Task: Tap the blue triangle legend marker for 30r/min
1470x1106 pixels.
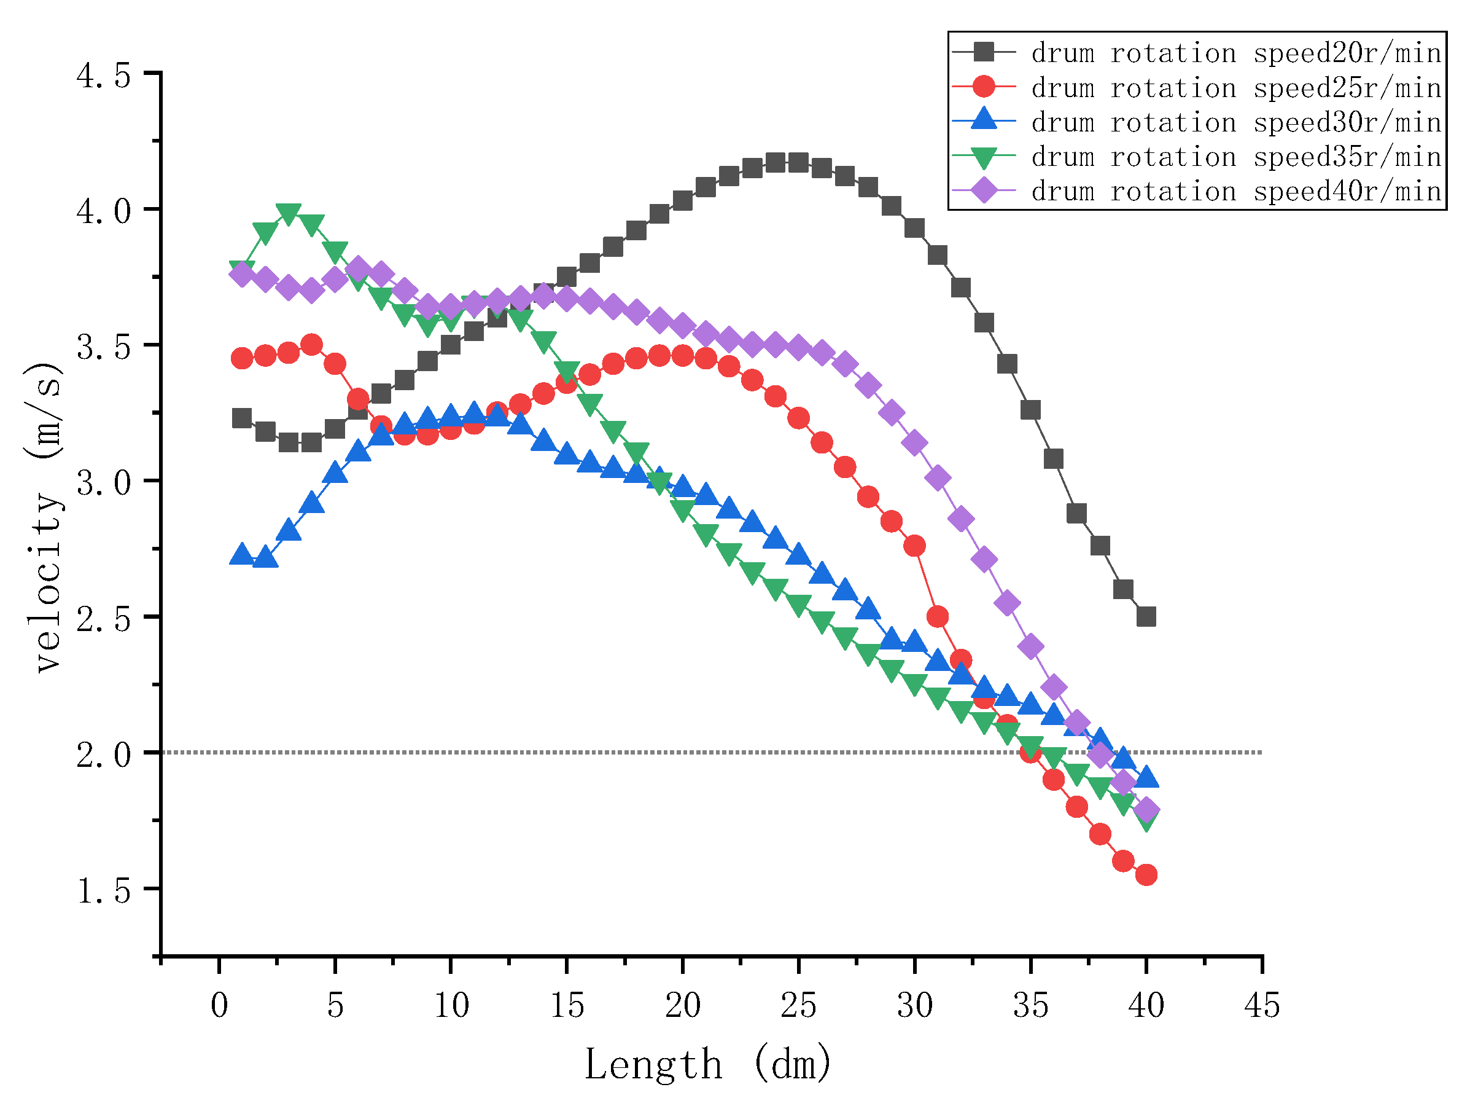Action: tap(984, 121)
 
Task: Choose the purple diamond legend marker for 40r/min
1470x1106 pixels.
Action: tap(984, 192)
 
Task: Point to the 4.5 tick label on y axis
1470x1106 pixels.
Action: tap(104, 75)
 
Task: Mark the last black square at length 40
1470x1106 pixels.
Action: tap(1146, 616)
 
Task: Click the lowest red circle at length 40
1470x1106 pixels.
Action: tap(1146, 875)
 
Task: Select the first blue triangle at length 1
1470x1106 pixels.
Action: tap(242, 555)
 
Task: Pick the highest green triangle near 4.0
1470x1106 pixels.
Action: tap(289, 213)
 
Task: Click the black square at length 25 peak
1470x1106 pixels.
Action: tap(798, 163)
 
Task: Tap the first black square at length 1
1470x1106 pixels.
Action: tap(242, 418)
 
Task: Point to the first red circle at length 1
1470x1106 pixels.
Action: tap(242, 358)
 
